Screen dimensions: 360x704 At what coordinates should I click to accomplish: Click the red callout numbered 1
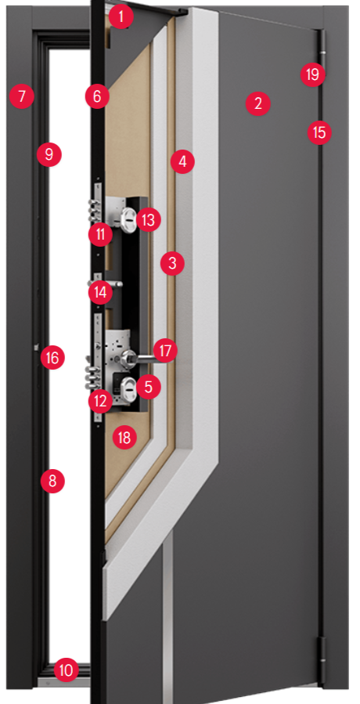pyautogui.click(x=121, y=17)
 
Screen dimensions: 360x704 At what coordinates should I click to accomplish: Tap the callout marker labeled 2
pyautogui.click(x=258, y=103)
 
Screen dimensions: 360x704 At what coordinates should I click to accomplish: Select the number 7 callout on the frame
pyautogui.click(x=22, y=96)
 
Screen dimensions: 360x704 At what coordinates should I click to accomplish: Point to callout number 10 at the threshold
pyautogui.click(x=66, y=671)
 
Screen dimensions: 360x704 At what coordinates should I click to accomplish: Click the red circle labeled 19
pyautogui.click(x=312, y=74)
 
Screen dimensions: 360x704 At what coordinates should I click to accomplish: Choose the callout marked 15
pyautogui.click(x=319, y=133)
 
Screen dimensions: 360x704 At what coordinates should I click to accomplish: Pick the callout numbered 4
pyautogui.click(x=182, y=161)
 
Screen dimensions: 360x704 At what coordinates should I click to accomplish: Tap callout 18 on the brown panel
pyautogui.click(x=124, y=437)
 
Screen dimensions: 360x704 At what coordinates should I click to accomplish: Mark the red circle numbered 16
pyautogui.click(x=52, y=358)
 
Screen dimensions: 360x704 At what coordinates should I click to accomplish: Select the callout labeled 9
pyautogui.click(x=49, y=154)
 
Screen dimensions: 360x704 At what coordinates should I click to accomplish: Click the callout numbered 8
pyautogui.click(x=52, y=482)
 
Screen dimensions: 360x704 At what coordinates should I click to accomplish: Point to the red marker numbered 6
pyautogui.click(x=97, y=96)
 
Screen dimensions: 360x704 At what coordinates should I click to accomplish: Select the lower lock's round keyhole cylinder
pyautogui.click(x=127, y=388)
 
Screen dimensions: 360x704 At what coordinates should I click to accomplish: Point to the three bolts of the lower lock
pyautogui.click(x=93, y=377)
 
